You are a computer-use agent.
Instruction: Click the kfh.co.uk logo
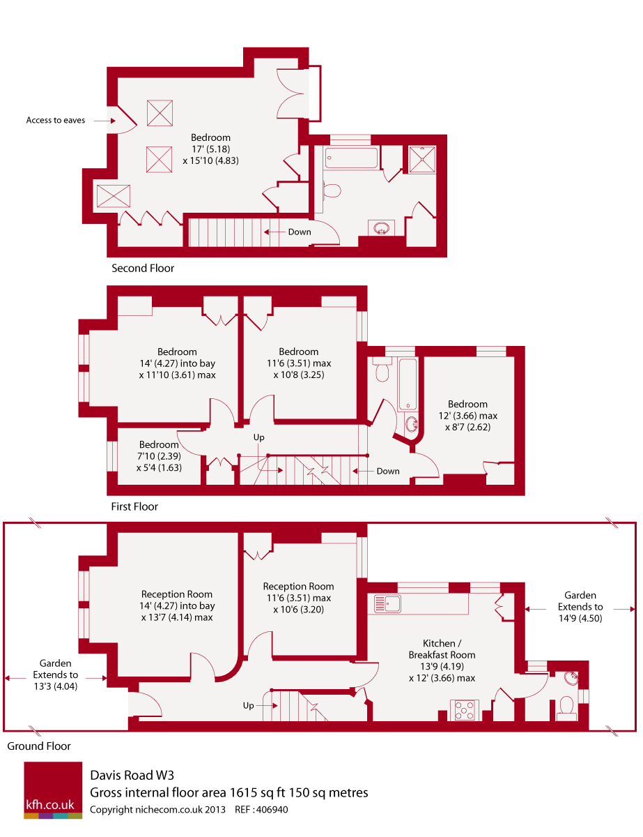coord(53,790)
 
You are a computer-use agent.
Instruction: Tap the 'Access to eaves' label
coord(55,120)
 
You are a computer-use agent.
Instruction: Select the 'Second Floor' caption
coord(143,268)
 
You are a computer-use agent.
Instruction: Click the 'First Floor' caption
coord(134,506)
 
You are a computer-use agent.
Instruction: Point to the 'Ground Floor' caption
coord(39,746)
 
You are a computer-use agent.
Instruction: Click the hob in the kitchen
coord(464,709)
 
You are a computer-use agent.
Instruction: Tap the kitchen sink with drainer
coord(387,603)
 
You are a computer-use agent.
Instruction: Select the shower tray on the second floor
coord(422,159)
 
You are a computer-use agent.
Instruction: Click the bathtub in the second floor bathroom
coord(350,158)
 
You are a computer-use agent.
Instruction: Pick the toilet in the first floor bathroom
coord(382,369)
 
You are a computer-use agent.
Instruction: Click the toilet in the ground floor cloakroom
coord(566,708)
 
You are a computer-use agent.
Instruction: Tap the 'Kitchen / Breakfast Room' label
coord(442,649)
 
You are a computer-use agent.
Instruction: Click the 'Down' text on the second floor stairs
coord(300,232)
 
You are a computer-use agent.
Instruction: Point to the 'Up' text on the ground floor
coord(249,705)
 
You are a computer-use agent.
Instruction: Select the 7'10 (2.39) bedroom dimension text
coord(160,456)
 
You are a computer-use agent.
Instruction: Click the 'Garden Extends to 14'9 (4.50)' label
coord(580,607)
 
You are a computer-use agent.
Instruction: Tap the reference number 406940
coord(272,809)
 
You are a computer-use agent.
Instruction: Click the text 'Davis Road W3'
coord(132,775)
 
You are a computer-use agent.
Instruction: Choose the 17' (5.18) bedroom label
coord(211,149)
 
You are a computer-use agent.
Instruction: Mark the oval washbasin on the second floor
coord(381,227)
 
